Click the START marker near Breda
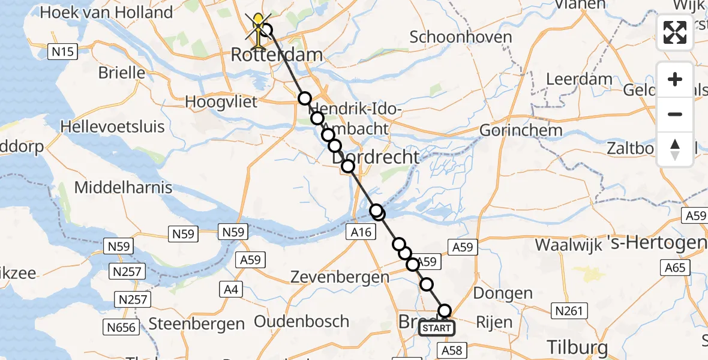tap(436, 328)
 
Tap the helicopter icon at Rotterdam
tap(259, 30)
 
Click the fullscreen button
tap(675, 32)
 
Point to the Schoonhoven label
tap(461, 37)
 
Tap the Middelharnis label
tap(123, 187)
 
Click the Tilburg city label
tap(577, 347)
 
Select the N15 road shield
tap(62, 52)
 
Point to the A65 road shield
tap(674, 268)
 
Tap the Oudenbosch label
tap(301, 321)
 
